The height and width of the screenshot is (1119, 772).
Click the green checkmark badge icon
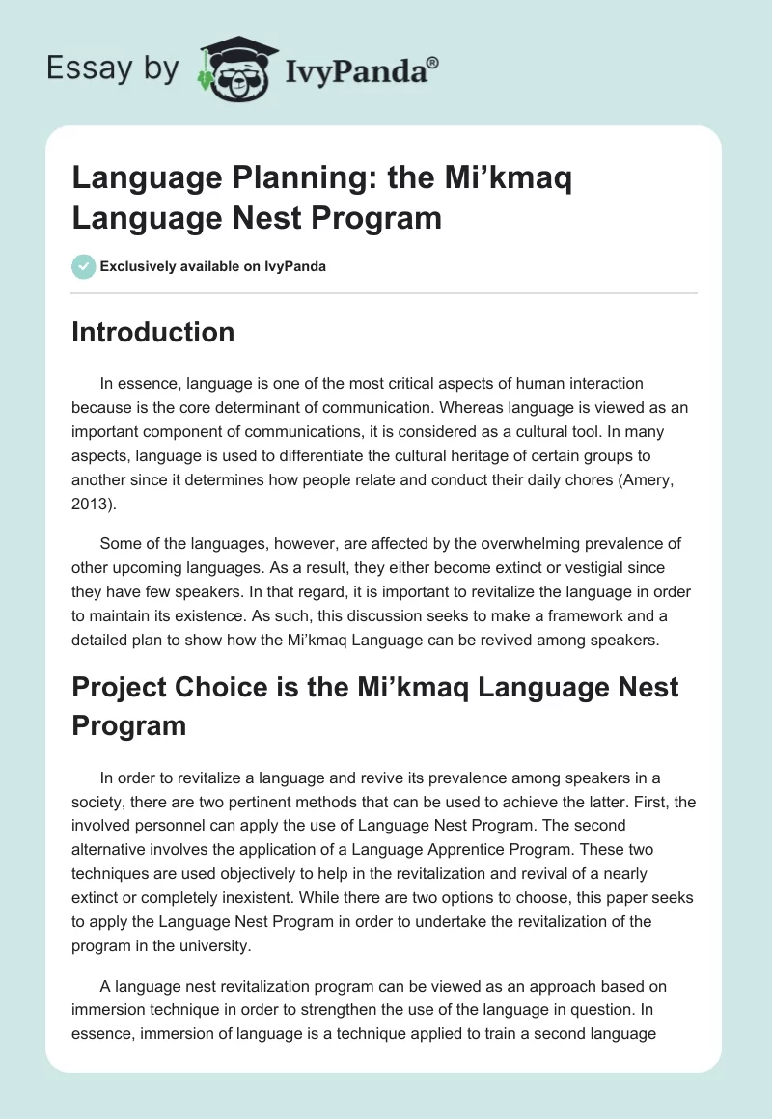(x=84, y=266)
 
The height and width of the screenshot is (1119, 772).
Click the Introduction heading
(x=153, y=332)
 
